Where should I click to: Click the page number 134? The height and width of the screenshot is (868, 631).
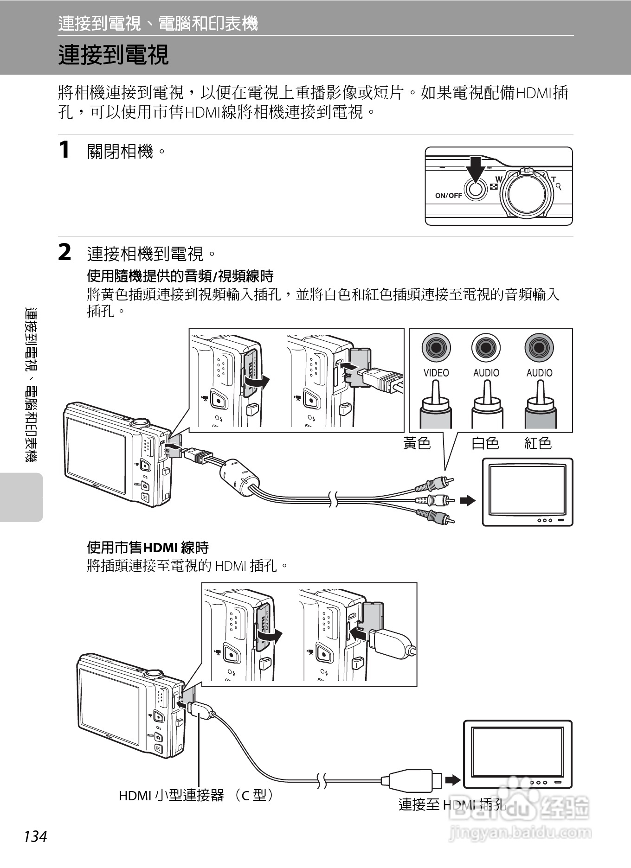[35, 836]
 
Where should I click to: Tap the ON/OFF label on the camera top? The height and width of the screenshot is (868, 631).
[448, 196]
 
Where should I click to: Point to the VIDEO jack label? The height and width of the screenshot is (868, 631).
[436, 373]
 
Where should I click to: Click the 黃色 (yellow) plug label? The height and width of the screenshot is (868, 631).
[417, 443]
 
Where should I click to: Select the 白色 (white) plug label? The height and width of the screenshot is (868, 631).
[485, 443]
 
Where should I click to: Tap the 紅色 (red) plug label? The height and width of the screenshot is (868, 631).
[538, 443]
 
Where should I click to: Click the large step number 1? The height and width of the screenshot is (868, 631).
[64, 150]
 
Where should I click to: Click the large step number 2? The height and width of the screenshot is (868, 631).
[65, 253]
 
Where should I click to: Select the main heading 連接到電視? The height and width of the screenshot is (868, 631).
[113, 55]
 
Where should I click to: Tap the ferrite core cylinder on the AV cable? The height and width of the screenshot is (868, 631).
[238, 478]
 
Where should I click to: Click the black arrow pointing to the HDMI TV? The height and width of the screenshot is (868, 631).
[452, 780]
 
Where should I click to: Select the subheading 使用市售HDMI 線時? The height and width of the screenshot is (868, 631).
[148, 548]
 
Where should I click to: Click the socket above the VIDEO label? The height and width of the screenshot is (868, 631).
[436, 347]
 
